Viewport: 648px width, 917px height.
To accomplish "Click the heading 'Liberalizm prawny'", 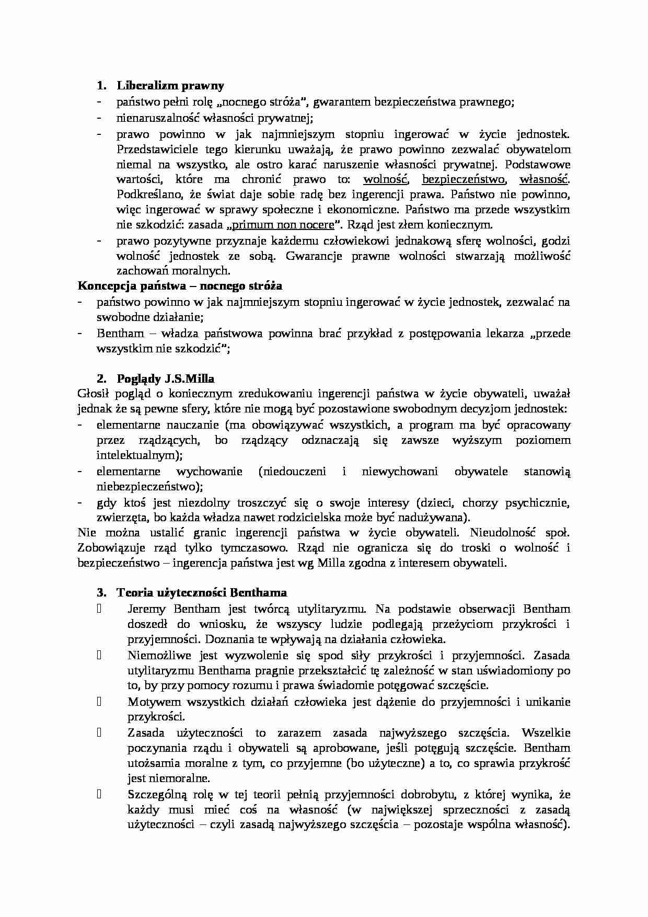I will (x=170, y=85).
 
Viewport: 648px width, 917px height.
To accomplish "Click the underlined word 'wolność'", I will (x=385, y=179).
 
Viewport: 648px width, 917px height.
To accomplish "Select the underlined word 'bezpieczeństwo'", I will (x=464, y=179).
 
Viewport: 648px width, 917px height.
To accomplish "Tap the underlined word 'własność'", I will (x=543, y=179).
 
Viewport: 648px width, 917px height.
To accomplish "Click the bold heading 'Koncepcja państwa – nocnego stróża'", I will (x=180, y=286).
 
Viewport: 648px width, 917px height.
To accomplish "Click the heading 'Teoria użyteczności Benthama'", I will (x=201, y=593).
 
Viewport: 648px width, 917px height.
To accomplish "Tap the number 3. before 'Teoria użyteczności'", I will (x=101, y=593).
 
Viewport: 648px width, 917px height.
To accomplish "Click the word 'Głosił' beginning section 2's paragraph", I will (x=92, y=394).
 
